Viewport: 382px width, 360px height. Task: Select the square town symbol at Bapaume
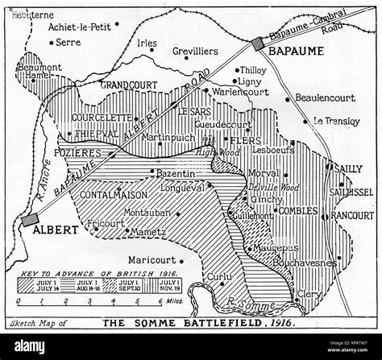[258, 45]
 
